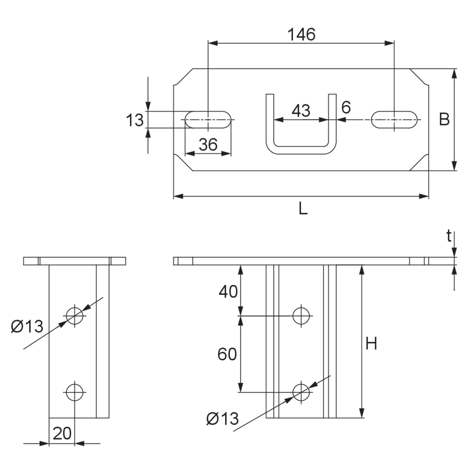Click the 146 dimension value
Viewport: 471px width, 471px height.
pos(302,34)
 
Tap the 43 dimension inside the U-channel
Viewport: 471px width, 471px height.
pos(301,111)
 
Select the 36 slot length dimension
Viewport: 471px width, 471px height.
pos(208,144)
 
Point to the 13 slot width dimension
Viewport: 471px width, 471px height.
pos(135,120)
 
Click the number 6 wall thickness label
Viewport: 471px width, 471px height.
pos(346,107)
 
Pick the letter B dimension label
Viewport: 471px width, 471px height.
pos(444,119)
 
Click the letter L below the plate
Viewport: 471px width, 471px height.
pos(303,208)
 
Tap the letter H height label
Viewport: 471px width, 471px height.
pos(371,343)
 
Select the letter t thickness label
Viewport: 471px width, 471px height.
pos(449,236)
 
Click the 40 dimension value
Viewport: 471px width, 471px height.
pos(228,292)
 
